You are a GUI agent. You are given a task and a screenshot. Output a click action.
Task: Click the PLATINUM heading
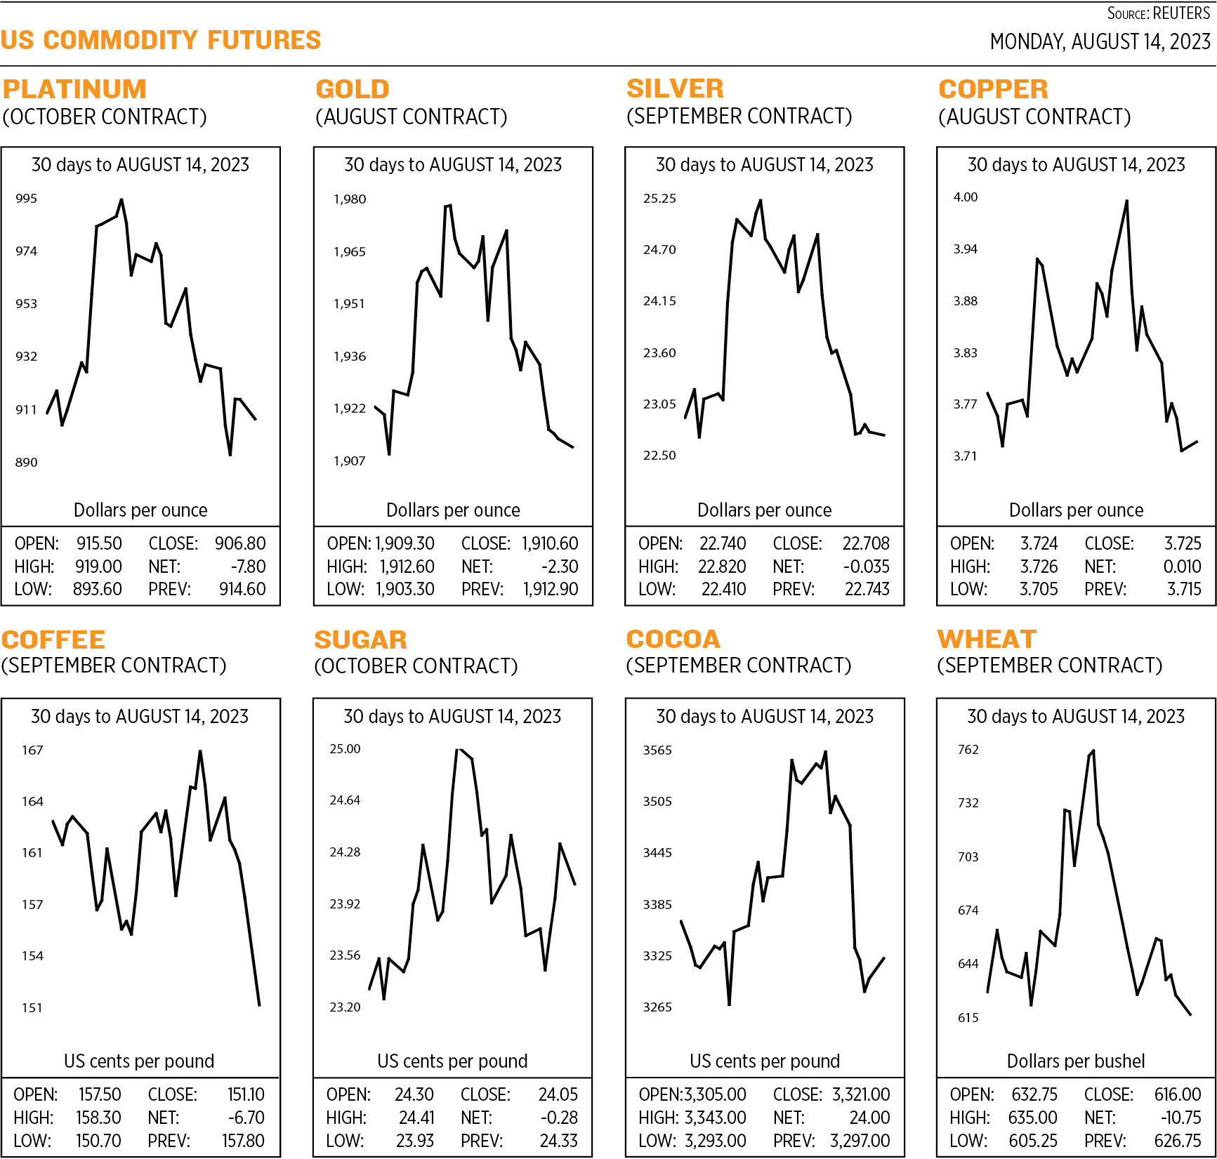(x=74, y=89)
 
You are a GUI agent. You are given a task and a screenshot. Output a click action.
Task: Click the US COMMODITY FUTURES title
(x=161, y=40)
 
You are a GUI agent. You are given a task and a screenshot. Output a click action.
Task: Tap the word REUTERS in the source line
(x=1181, y=13)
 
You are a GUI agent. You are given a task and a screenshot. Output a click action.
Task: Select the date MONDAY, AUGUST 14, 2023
(x=1100, y=41)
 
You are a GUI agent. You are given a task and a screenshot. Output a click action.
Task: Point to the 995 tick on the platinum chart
(x=26, y=199)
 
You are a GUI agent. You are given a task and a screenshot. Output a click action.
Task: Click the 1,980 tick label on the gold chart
(x=349, y=199)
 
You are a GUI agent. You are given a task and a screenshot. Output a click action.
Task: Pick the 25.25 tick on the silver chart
(x=659, y=199)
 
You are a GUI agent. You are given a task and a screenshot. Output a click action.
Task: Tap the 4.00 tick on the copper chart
(x=965, y=197)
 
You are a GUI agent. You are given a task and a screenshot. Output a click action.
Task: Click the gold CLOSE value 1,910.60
(x=550, y=543)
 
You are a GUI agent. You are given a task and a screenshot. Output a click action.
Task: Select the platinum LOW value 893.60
(x=98, y=589)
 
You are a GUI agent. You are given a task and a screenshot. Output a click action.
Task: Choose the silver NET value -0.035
(x=866, y=567)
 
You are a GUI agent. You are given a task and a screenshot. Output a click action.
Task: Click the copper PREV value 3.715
(x=1184, y=589)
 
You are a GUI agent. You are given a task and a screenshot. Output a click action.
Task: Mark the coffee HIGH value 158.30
(x=98, y=1118)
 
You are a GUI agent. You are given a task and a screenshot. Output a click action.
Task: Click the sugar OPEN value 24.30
(x=414, y=1094)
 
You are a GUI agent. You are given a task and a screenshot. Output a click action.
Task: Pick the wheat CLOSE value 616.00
(x=1178, y=1094)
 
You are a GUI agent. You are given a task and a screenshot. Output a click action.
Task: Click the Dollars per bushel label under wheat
(x=1075, y=1061)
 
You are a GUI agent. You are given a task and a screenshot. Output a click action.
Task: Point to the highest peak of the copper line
(x=1126, y=201)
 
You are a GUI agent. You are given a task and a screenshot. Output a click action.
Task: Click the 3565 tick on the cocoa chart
(x=657, y=750)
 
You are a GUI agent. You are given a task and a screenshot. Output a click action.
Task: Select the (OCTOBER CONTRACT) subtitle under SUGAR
(x=416, y=665)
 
